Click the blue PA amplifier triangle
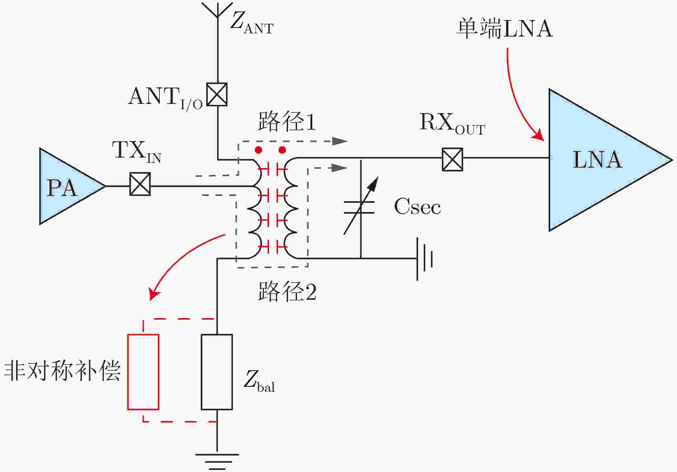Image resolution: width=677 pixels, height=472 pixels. (68, 186)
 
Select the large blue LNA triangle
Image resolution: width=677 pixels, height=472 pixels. (602, 160)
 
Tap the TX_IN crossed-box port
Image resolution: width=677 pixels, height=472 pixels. (140, 184)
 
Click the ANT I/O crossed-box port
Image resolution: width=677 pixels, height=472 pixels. (217, 95)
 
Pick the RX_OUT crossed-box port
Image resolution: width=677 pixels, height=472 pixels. (452, 159)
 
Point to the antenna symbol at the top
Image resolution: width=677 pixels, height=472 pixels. (217, 10)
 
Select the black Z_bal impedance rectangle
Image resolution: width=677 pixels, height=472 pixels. (217, 372)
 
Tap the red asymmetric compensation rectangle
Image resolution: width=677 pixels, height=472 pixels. (143, 372)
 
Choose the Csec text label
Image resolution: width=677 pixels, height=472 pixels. (417, 207)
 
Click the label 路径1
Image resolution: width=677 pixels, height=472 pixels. (287, 121)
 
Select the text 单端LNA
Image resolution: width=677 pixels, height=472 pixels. (504, 28)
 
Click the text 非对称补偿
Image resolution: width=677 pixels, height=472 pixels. (62, 370)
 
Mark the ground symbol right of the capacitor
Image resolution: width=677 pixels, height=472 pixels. (424, 259)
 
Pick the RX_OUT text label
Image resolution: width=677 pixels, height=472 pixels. (452, 124)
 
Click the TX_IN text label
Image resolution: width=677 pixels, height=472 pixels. (136, 151)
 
